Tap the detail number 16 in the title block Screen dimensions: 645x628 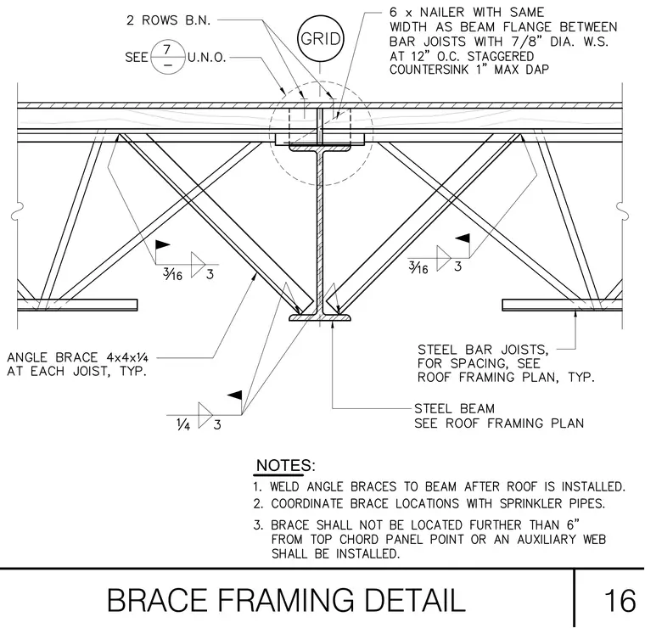(620, 601)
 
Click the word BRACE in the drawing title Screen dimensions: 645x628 (157, 601)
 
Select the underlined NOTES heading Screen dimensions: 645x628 (285, 466)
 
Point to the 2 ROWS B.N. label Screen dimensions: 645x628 (169, 20)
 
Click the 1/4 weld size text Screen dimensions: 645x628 (183, 424)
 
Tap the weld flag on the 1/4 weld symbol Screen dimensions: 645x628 (235, 395)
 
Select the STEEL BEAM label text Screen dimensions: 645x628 (455, 409)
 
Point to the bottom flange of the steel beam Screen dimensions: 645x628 (320, 317)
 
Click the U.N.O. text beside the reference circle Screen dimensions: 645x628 (207, 57)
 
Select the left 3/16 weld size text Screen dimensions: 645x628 (173, 273)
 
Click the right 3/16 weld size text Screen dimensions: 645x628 (418, 267)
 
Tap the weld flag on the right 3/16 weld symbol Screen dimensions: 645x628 (463, 238)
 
